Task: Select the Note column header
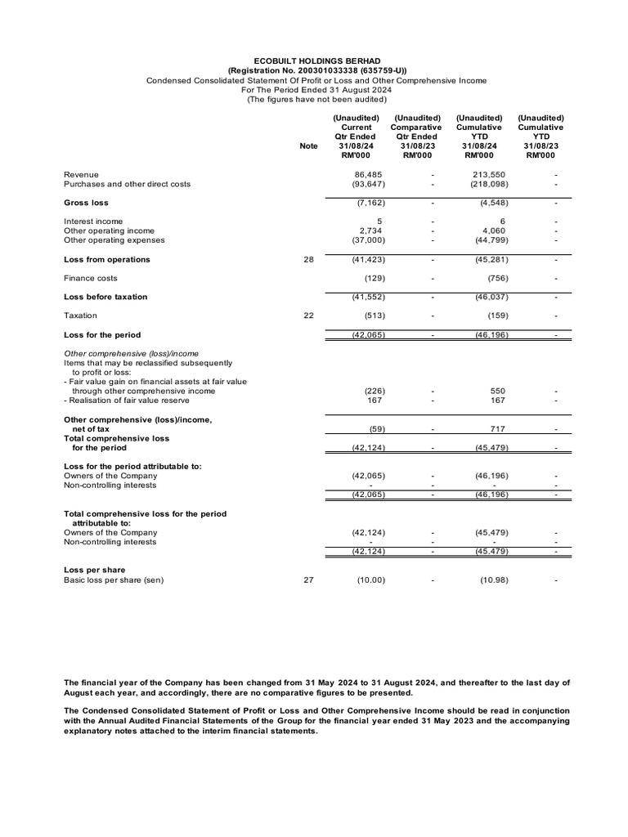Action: (x=308, y=146)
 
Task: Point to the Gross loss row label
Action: (x=86, y=203)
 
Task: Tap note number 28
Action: (x=308, y=260)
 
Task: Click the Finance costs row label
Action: (x=91, y=279)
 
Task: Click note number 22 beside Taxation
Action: (x=308, y=316)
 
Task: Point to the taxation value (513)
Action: (x=370, y=316)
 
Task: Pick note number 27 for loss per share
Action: (x=308, y=580)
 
